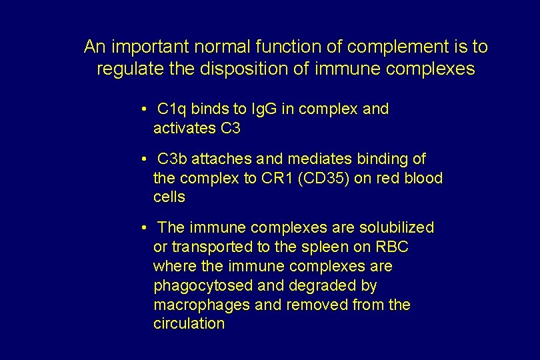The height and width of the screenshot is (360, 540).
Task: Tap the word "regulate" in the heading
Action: tap(125, 69)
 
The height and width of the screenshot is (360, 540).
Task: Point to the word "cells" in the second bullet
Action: tap(169, 197)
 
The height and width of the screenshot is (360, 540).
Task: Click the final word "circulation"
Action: tap(189, 324)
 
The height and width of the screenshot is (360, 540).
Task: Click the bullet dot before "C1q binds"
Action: tap(144, 109)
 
